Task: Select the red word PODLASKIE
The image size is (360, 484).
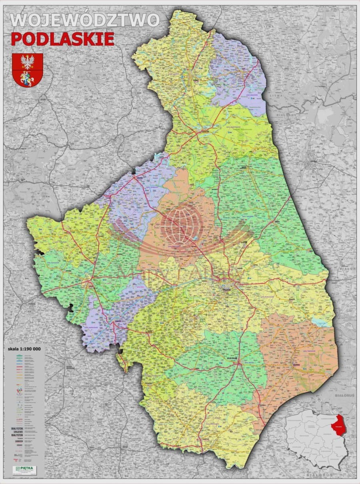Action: click(62, 39)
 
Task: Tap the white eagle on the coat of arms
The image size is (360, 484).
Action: click(28, 62)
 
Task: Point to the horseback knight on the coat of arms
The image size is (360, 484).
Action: click(28, 78)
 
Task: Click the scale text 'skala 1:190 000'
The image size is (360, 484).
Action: click(24, 348)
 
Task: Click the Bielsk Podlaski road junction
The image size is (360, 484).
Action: click(238, 364)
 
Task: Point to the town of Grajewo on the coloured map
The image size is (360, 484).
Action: click(140, 176)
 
